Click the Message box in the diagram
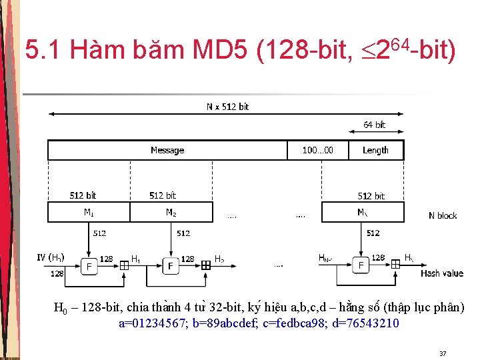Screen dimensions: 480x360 (167, 150)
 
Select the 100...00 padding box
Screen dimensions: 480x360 (317, 150)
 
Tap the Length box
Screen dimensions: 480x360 (375, 150)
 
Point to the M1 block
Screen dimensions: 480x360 (89, 212)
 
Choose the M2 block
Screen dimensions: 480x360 (171, 212)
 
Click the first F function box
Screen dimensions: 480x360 (89, 266)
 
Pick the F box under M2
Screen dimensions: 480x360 (171, 266)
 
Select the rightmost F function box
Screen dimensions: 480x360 (361, 266)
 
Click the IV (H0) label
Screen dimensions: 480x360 (51, 257)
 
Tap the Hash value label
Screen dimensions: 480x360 (441, 273)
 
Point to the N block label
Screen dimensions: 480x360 (443, 215)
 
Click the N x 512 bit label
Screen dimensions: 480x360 (227, 107)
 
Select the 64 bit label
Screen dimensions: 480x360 (374, 125)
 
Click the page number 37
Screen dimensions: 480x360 (443, 353)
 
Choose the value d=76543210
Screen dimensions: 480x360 (367, 324)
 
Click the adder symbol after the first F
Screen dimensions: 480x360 (124, 265)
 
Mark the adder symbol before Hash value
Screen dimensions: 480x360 (396, 265)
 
